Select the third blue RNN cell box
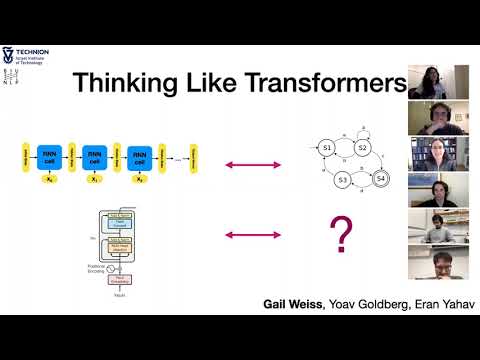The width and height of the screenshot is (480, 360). [139, 158]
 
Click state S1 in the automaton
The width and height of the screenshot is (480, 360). [326, 149]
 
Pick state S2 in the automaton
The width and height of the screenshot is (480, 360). [363, 149]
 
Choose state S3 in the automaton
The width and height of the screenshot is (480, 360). [343, 180]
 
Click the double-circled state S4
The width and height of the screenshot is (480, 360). [380, 180]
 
